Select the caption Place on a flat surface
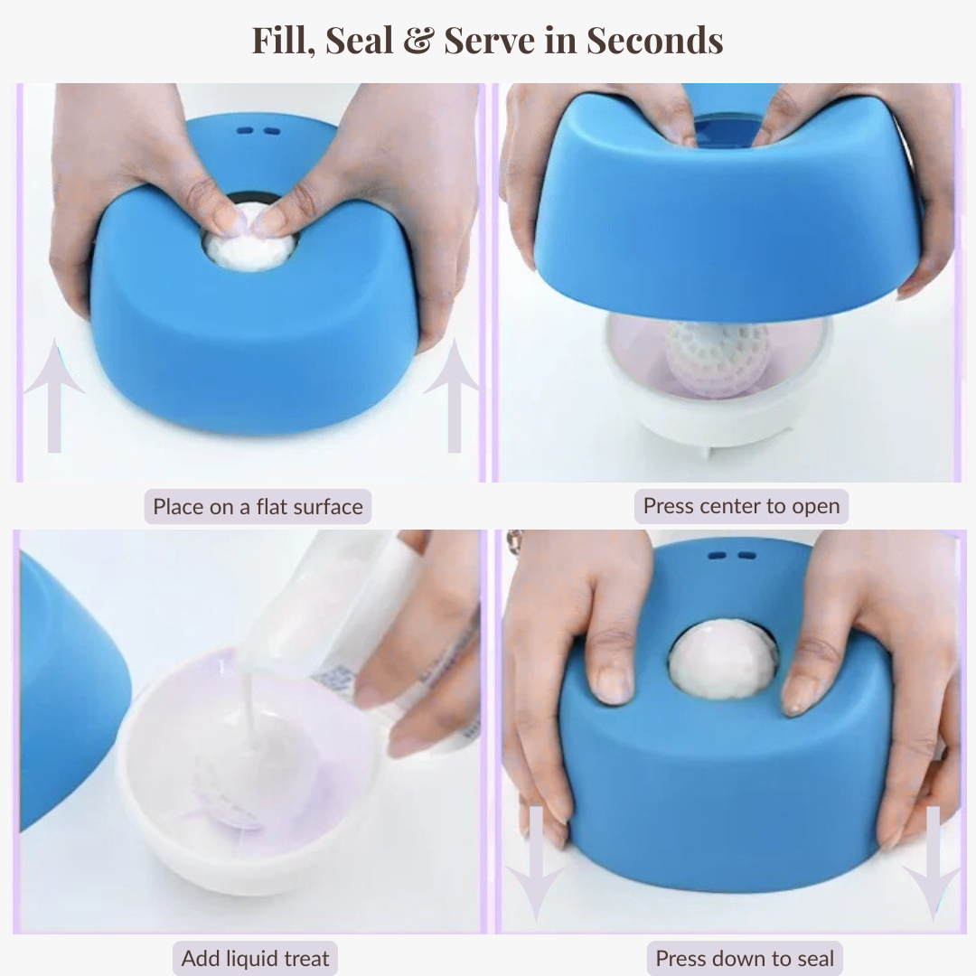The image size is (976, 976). (258, 507)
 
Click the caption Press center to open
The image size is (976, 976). (741, 507)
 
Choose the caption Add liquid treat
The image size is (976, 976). (255, 958)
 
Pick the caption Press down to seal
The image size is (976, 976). (745, 958)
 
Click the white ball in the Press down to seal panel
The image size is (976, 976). (723, 660)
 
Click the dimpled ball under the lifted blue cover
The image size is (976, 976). (718, 357)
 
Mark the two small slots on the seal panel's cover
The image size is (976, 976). (731, 556)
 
